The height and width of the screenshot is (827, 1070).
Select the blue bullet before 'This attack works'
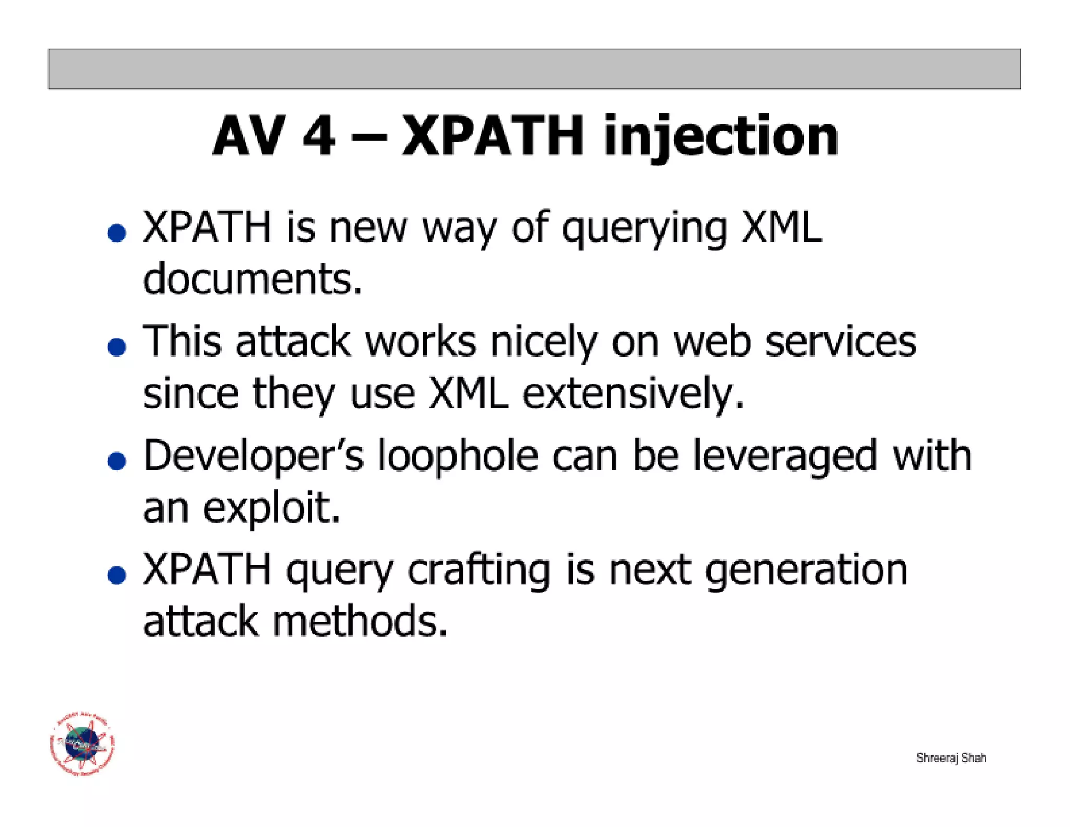coord(117,347)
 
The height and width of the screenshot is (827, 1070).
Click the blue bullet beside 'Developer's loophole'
coord(117,461)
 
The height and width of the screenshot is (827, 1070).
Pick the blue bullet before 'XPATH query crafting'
coord(117,575)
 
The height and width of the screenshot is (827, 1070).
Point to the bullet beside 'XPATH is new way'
coord(117,233)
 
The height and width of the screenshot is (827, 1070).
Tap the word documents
coord(252,279)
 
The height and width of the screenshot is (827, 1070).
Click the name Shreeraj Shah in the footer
coord(951,757)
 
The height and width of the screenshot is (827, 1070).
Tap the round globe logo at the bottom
coord(83,743)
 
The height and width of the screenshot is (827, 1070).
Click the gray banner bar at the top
coord(534,69)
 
